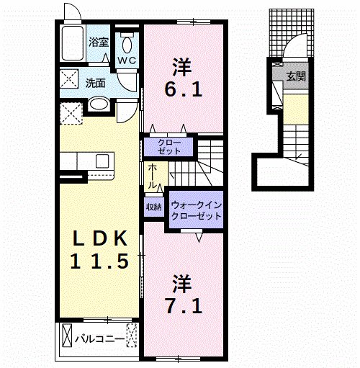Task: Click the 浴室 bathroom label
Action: (x=99, y=42)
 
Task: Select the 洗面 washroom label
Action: (x=96, y=83)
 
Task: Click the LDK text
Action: (x=100, y=238)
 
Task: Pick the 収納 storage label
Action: (x=153, y=207)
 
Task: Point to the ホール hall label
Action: (x=153, y=176)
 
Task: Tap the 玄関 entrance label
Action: (x=294, y=75)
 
